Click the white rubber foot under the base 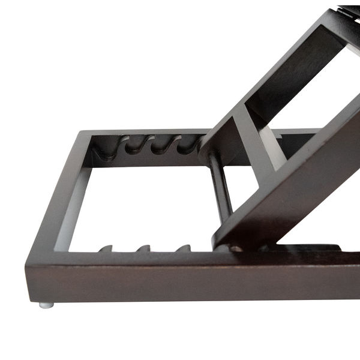(x=46, y=305)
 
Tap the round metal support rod (x=221, y=184)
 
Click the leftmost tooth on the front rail (x=105, y=248)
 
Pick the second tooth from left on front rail (x=143, y=248)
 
